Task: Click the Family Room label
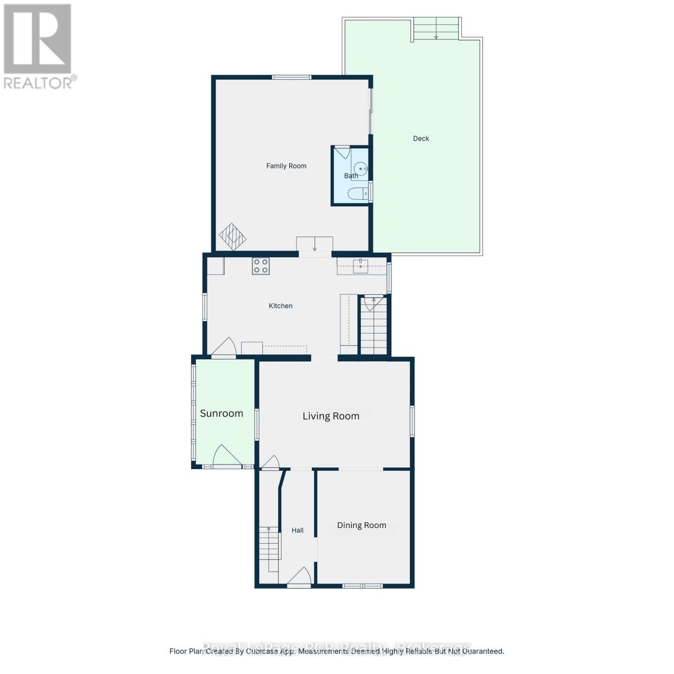click(286, 166)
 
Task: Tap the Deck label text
click(421, 139)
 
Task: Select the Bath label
click(351, 176)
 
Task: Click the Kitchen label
click(280, 306)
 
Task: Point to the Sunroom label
click(221, 413)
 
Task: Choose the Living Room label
click(331, 416)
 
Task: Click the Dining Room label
click(361, 525)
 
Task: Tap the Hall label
click(297, 530)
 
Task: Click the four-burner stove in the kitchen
click(260, 266)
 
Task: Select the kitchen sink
click(360, 266)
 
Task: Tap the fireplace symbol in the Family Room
click(233, 236)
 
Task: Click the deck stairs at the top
click(436, 29)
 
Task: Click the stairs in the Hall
click(269, 548)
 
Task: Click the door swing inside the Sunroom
click(226, 456)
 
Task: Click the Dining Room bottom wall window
click(362, 586)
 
